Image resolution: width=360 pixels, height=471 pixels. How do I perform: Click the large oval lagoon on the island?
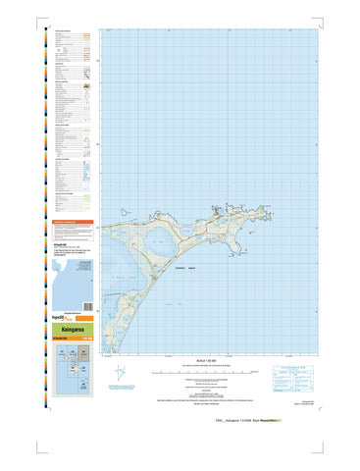158,240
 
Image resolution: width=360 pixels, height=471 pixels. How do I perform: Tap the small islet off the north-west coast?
117,210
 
